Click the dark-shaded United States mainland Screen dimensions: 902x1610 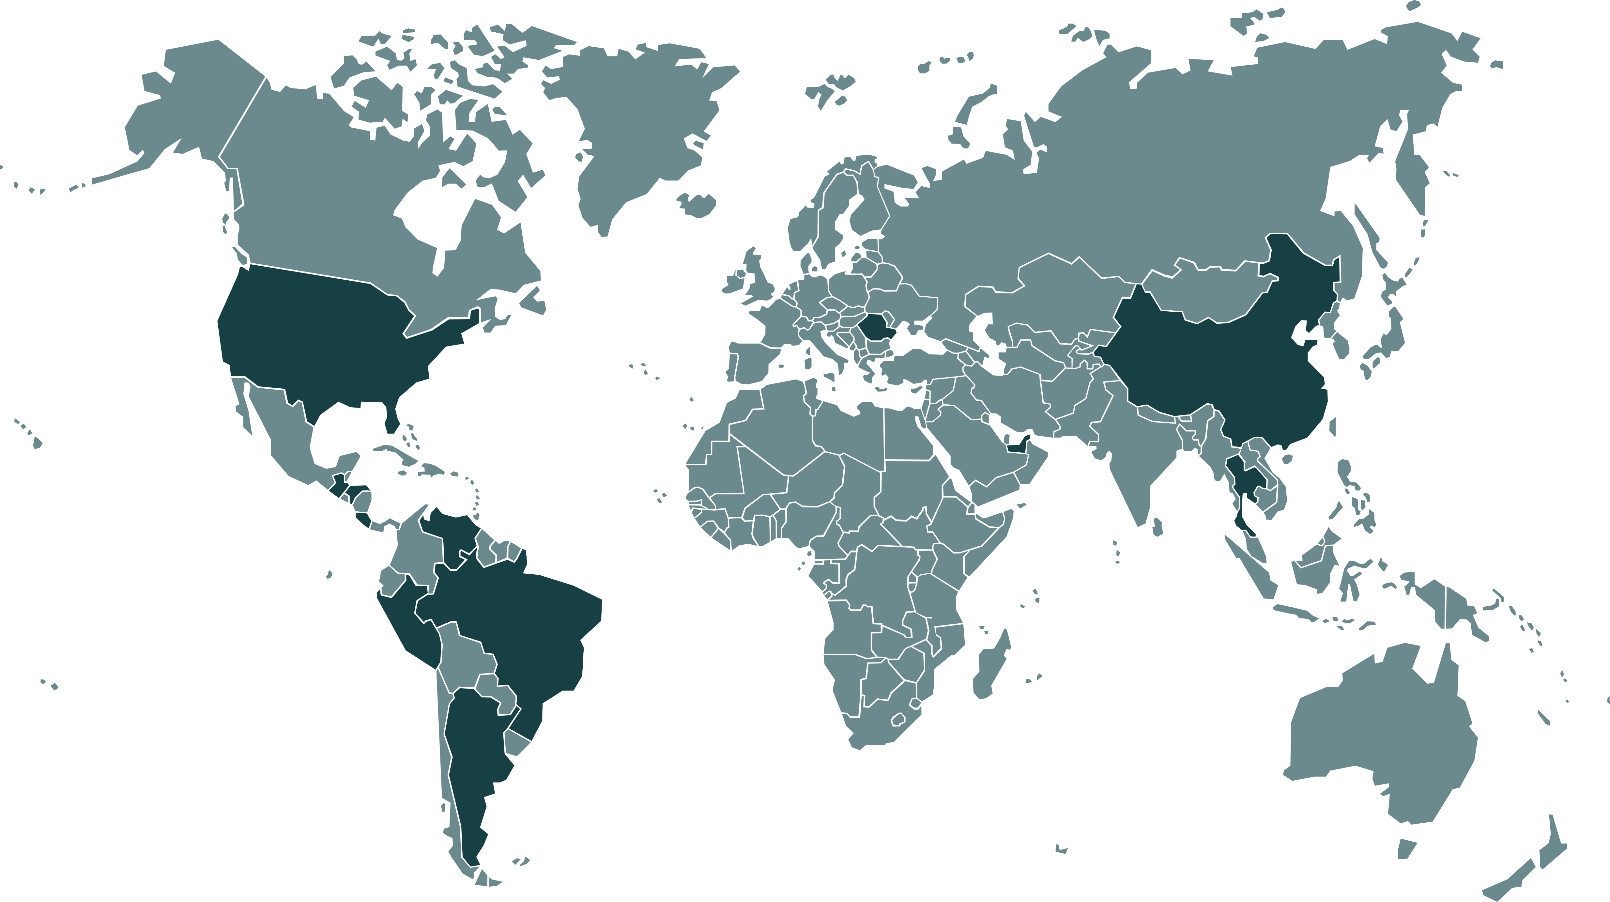point(325,337)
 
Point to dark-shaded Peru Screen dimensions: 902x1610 point(406,625)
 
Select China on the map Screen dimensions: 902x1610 point(1219,363)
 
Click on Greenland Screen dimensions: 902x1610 point(637,125)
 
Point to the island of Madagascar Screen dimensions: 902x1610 point(990,666)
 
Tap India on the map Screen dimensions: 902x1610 point(1125,450)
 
